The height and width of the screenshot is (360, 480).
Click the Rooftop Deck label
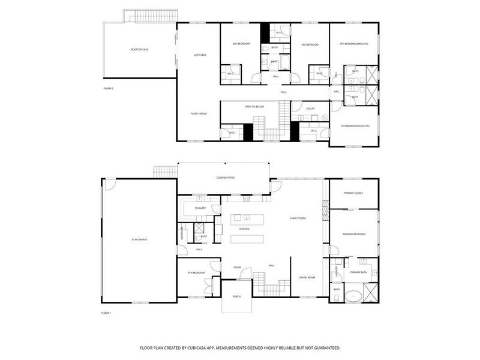139,49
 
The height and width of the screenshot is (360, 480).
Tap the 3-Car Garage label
139,239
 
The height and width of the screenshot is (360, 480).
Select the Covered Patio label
226,178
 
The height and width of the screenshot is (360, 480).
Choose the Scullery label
200,208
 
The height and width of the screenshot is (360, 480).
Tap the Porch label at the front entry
236,296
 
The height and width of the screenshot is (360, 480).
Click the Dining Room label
307,277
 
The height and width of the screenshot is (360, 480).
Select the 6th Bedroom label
196,272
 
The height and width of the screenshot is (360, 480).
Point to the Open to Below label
254,106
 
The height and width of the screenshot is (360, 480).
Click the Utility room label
310,109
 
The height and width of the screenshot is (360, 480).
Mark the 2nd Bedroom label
241,44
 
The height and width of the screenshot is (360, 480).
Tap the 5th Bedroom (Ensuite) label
355,126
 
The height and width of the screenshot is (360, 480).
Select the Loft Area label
200,55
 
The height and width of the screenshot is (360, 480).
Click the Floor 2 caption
108,88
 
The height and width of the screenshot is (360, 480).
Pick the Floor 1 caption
106,313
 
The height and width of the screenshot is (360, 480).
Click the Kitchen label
244,229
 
